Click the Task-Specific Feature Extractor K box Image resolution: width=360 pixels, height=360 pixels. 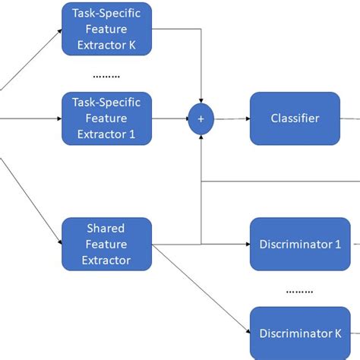tap(107, 29)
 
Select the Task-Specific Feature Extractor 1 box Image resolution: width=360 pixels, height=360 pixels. tap(107, 118)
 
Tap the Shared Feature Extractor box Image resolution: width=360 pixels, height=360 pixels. tap(107, 245)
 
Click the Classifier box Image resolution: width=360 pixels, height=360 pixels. tap(295, 118)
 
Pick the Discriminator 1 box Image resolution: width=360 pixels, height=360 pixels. tap(295, 245)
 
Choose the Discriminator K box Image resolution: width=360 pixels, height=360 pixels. tap(295, 333)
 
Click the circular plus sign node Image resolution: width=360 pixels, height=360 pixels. tap(201, 118)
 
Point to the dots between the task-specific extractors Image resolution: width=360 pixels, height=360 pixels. tap(106, 76)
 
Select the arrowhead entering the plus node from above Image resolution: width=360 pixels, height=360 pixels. tap(201, 103)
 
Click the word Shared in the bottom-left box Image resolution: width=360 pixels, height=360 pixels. tap(106, 229)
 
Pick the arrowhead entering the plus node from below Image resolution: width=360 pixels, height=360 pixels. tap(201, 135)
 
